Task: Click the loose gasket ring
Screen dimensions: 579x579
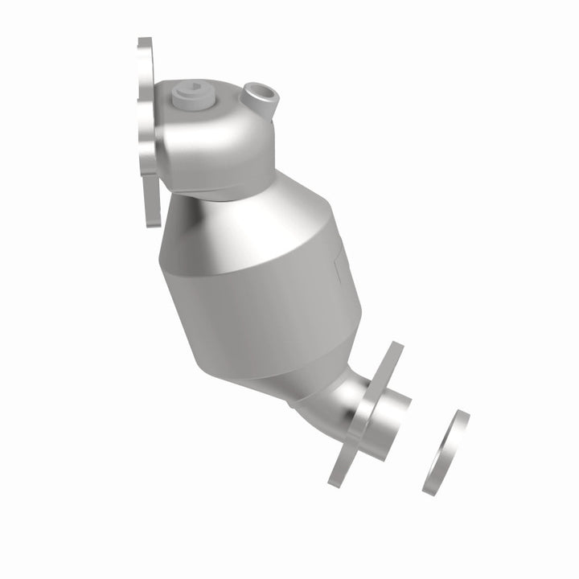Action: [445, 453]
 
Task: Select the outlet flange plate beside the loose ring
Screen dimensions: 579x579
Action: [366, 414]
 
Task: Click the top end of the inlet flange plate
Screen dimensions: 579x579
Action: [144, 43]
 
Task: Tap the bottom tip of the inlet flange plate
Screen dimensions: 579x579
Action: [147, 222]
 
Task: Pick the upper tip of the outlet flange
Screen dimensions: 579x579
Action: [395, 347]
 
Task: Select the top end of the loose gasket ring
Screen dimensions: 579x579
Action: [462, 415]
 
